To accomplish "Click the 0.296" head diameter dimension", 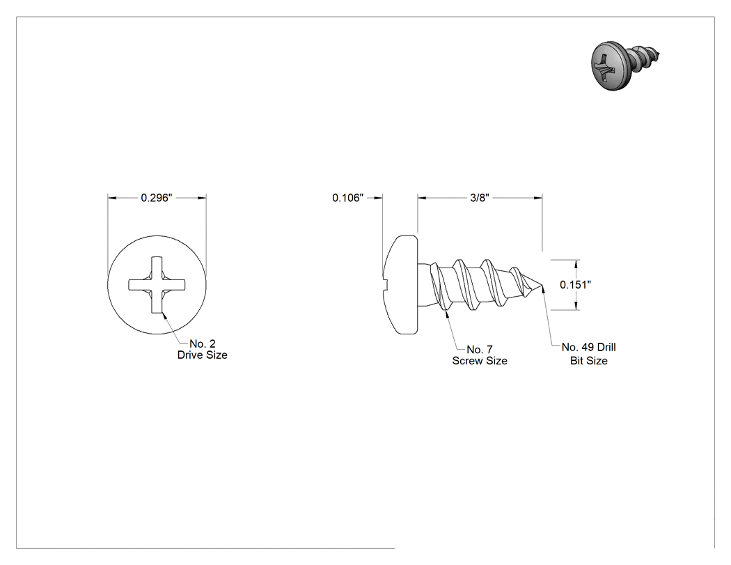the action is coord(157,198).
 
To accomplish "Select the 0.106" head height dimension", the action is coord(347,198).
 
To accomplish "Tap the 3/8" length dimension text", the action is coord(479,198).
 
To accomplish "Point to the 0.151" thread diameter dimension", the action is coord(575,285).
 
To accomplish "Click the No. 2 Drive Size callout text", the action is coord(203,350).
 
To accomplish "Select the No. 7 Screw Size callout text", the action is coord(480,355).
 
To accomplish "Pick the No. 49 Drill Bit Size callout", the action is coord(588,354).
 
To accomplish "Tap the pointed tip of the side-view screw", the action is coord(542,285).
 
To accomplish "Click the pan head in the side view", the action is coord(401,285).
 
